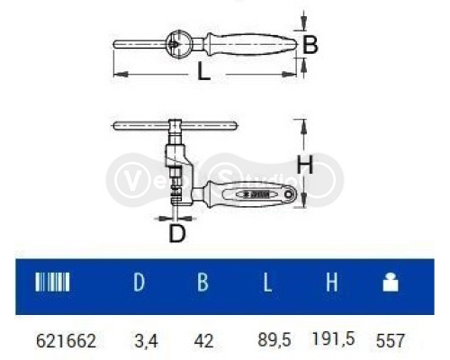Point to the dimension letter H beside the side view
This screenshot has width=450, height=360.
pos(305,165)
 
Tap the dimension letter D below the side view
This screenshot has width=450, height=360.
pos(178,233)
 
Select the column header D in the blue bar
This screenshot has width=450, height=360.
pos(139,283)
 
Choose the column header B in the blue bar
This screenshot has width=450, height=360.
pos(203,283)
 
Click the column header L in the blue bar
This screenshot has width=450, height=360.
pos(268,283)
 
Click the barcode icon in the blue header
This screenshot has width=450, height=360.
pos(51,283)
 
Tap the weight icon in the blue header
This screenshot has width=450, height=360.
pos(391,283)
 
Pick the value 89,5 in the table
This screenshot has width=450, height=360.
pos(271,341)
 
